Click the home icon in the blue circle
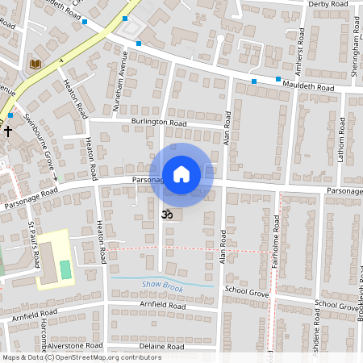pyautogui.click(x=181, y=174)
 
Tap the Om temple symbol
pyautogui.click(x=169, y=215)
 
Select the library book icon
pyautogui.click(x=35, y=63)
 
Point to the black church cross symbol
pyautogui.click(x=8, y=129)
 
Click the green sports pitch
pyautogui.click(x=66, y=269)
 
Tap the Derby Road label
pyautogui.click(x=328, y=4)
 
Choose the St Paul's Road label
pyautogui.click(x=34, y=245)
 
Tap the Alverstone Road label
pyautogui.click(x=75, y=344)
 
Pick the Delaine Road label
pyautogui.click(x=161, y=347)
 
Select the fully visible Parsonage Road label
pyautogui.click(x=31, y=198)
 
